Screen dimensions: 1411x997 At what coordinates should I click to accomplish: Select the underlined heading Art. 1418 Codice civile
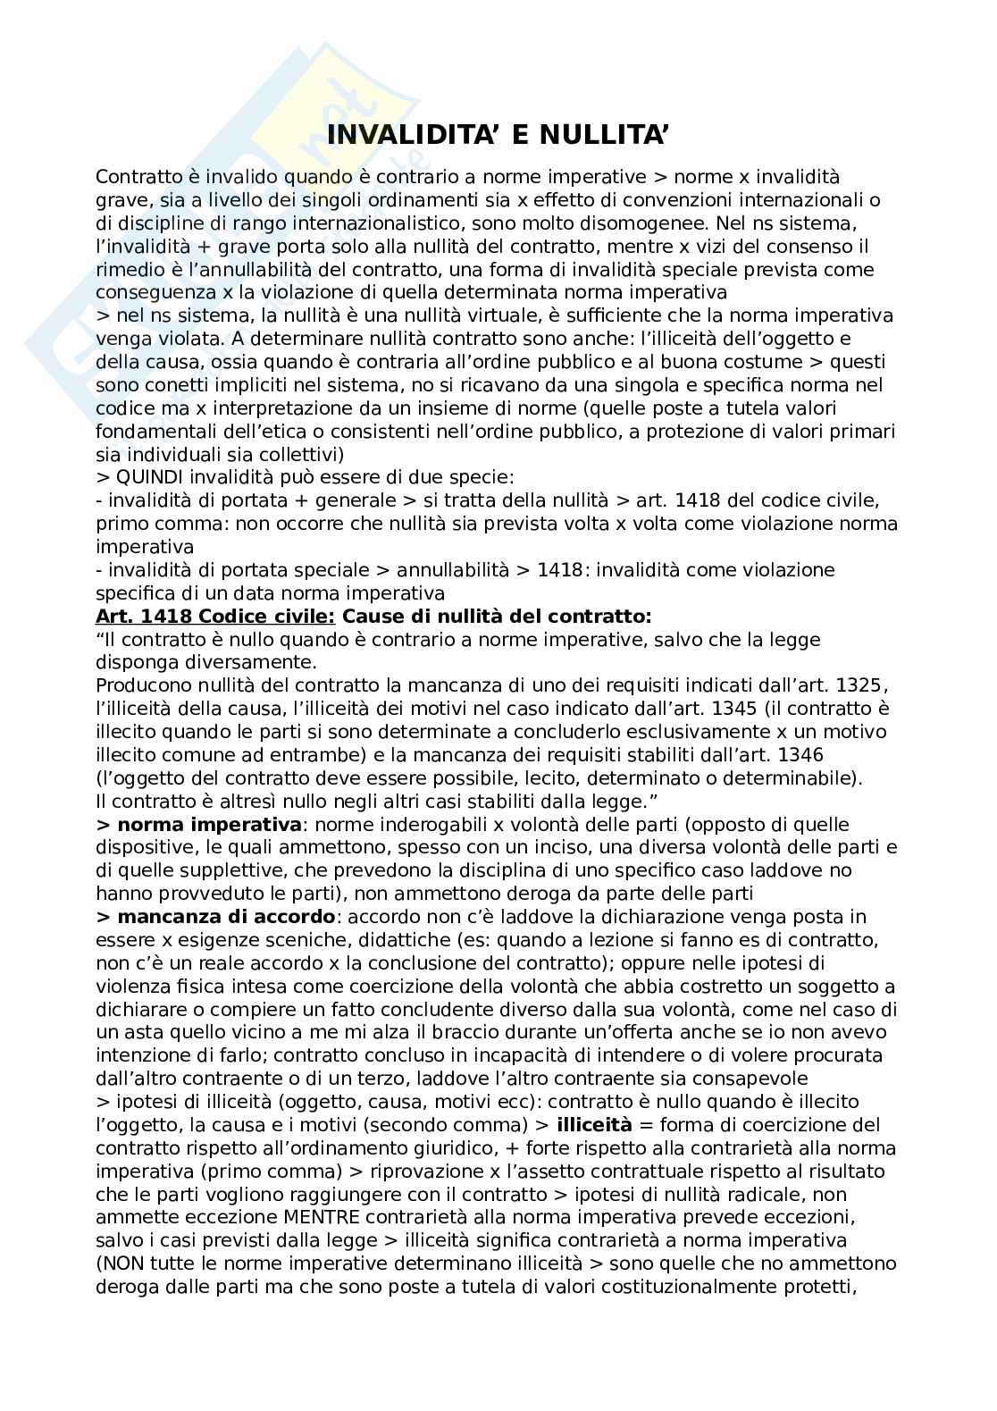point(215,617)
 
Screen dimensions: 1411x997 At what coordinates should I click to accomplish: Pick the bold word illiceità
point(594,1125)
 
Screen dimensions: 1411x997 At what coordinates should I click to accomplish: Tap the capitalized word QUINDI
point(149,477)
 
